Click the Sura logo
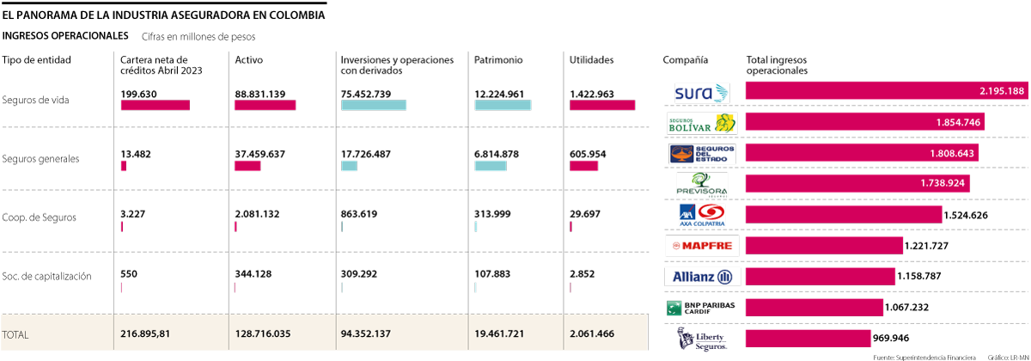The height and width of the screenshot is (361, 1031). click(x=701, y=93)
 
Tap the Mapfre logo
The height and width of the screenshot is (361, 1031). click(x=701, y=246)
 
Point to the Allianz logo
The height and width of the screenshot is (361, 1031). click(x=701, y=277)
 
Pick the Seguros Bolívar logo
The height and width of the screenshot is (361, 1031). click(x=701, y=123)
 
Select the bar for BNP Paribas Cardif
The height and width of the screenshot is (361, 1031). click(x=814, y=308)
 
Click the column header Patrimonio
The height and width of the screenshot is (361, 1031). click(x=497, y=60)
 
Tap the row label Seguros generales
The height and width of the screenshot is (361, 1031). click(x=40, y=159)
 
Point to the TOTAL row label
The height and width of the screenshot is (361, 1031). click(x=17, y=333)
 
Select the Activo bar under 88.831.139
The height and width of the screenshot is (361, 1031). click(x=265, y=105)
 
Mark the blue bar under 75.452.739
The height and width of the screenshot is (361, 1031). click(x=373, y=105)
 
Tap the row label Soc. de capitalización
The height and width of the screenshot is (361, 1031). click(x=46, y=276)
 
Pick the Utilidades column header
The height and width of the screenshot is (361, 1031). click(x=592, y=60)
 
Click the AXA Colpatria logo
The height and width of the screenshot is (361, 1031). click(x=701, y=215)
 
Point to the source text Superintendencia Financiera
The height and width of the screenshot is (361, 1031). click(x=930, y=356)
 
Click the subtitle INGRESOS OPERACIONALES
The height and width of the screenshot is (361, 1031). click(x=65, y=35)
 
